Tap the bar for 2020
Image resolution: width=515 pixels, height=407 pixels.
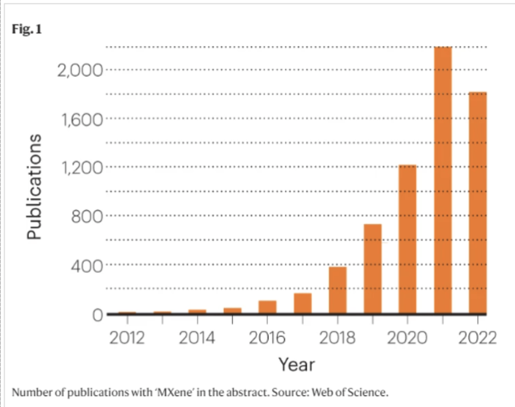point(407,239)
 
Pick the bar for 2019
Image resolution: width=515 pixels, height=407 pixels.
point(372,269)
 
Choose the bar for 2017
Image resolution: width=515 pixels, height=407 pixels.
point(303,303)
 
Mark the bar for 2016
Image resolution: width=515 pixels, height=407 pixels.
point(268,307)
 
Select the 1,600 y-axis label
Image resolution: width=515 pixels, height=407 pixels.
point(80,119)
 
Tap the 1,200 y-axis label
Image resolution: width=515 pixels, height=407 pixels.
point(80,168)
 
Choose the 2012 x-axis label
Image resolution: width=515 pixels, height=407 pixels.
point(127,338)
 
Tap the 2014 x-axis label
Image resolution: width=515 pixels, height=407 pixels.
point(197,338)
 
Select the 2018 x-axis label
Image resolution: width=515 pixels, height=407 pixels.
point(337,338)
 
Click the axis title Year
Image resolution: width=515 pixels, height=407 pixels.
point(297,364)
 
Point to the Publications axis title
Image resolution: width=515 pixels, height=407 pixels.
point(34,187)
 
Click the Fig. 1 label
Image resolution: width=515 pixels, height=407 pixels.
point(27,30)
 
